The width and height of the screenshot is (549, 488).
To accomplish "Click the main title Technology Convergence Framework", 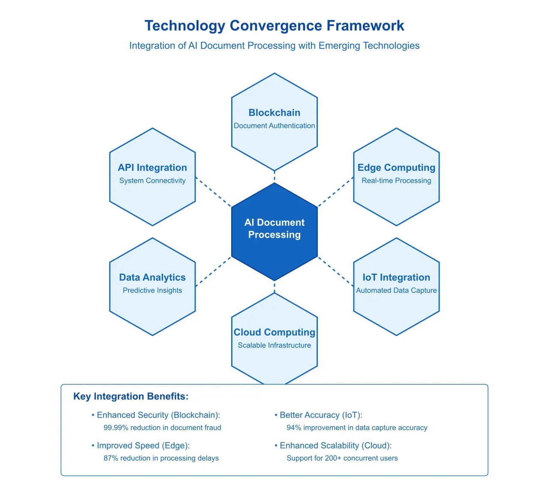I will tap(274, 26).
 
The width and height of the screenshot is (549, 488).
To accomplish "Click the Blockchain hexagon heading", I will tap(274, 113).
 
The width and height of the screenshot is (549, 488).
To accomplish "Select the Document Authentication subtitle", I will tap(274, 126).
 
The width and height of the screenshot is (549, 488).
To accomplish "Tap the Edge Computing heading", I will tap(396, 168).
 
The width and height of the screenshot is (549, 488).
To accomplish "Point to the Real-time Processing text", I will tap(396, 181).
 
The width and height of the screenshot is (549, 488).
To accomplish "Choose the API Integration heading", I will tap(152, 168).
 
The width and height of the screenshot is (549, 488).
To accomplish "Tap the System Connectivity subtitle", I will tap(152, 181).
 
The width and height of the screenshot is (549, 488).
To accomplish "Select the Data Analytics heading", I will tap(152, 277).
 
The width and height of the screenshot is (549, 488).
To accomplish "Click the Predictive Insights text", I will tap(152, 290).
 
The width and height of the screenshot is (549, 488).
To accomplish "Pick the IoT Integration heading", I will tap(396, 277).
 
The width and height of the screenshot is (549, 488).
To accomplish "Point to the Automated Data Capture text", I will tap(396, 290).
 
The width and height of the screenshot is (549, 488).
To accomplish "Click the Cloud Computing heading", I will tap(274, 332).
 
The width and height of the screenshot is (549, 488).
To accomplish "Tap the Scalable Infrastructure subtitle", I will tap(274, 345).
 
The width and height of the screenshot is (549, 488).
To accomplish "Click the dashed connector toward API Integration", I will tap(213, 192).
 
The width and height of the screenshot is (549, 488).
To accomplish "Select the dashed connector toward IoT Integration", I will tap(335, 271).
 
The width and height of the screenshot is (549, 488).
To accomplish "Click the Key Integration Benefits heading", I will tap(131, 396).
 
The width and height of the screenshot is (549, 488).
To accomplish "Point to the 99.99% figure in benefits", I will tap(116, 428).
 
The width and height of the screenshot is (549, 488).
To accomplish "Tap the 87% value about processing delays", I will tap(111, 458).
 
